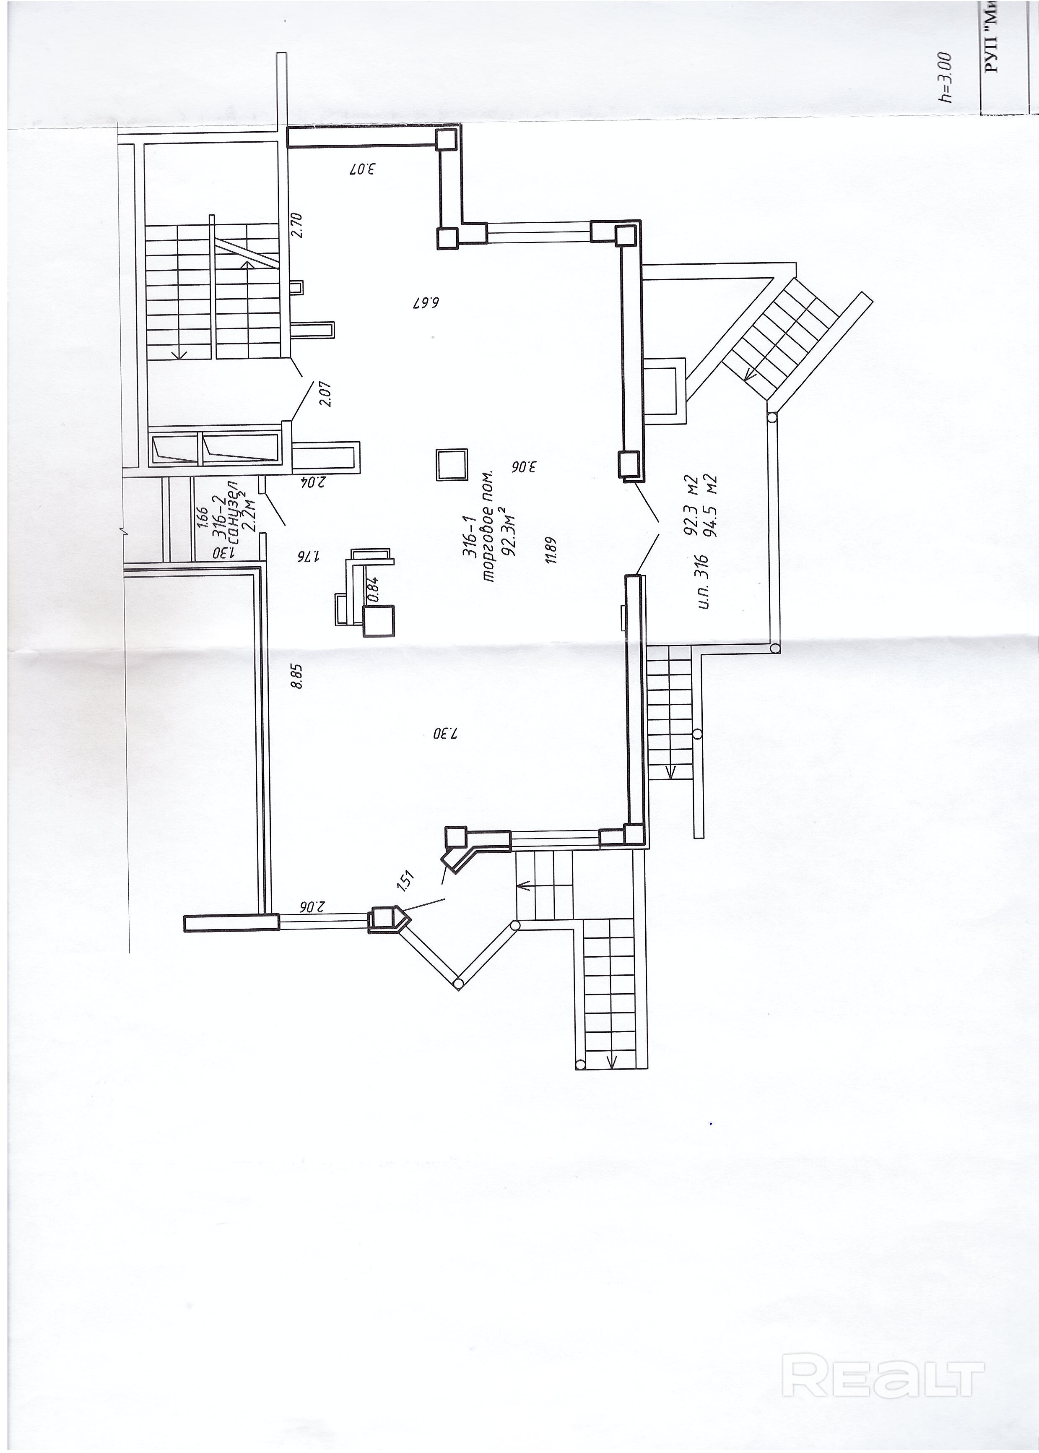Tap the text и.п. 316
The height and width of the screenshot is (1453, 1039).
click(x=703, y=580)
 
